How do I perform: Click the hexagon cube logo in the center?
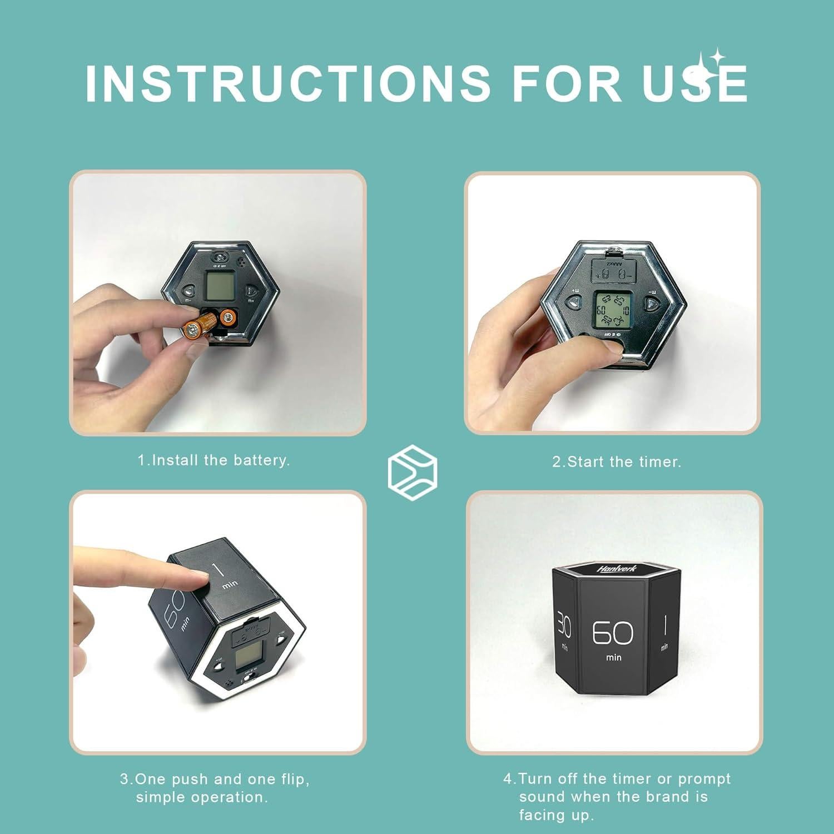[x=412, y=470]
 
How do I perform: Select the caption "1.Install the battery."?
[x=214, y=460]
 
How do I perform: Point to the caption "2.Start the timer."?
[x=617, y=462]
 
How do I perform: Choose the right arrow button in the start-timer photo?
[x=652, y=304]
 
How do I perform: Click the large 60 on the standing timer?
[x=613, y=633]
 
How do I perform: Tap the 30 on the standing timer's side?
[x=564, y=627]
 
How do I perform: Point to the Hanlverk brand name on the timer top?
[x=616, y=569]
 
